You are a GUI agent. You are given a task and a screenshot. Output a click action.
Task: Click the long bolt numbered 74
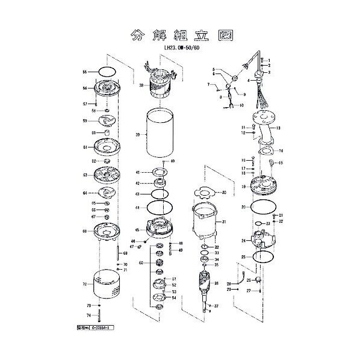105,317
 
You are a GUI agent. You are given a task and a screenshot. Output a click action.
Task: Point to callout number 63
85,175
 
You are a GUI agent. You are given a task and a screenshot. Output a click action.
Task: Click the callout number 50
140,263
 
